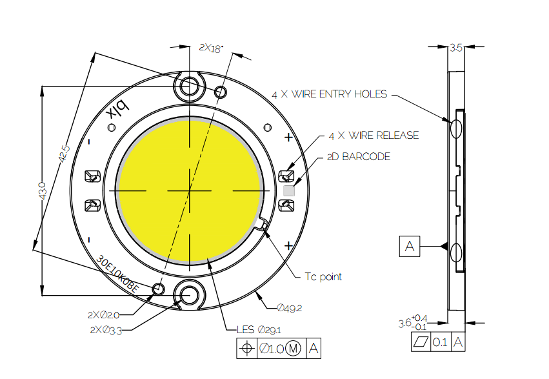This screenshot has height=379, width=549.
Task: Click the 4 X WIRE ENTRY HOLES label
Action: (329, 94)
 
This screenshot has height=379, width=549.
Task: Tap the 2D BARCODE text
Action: (359, 157)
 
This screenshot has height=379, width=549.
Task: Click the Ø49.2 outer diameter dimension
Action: (289, 307)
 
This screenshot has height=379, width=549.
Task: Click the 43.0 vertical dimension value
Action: (41, 192)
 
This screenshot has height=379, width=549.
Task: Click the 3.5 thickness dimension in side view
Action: (455, 48)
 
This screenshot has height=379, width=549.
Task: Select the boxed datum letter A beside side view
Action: (410, 247)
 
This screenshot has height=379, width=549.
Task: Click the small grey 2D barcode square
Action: (289, 190)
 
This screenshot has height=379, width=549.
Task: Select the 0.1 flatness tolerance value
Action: (440, 342)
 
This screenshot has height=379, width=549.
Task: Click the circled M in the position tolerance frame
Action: (293, 349)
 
